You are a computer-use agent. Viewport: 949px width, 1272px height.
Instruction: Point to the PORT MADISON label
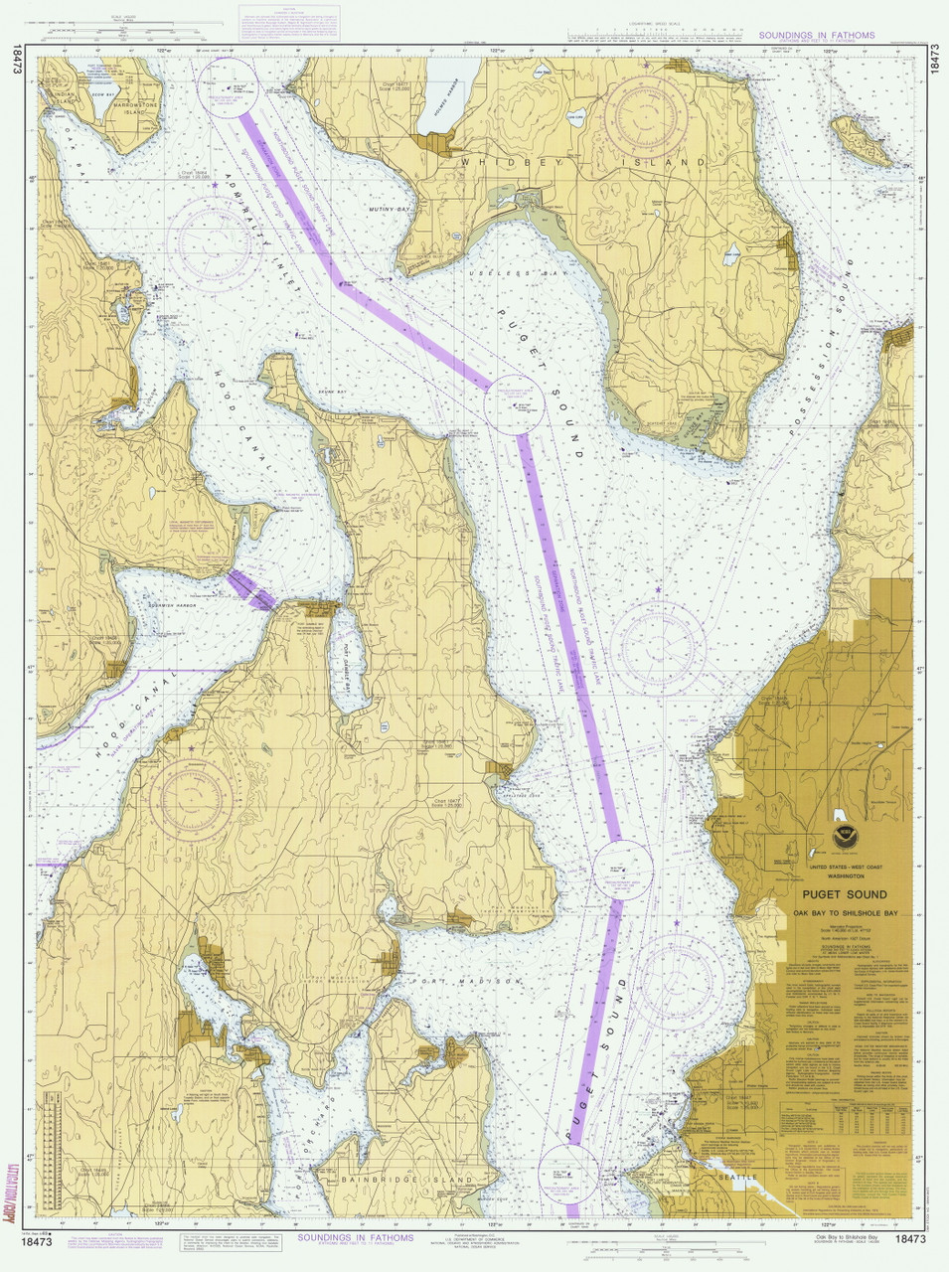coord(480,982)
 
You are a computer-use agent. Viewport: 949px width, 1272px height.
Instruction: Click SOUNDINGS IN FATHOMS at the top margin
coord(816,35)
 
